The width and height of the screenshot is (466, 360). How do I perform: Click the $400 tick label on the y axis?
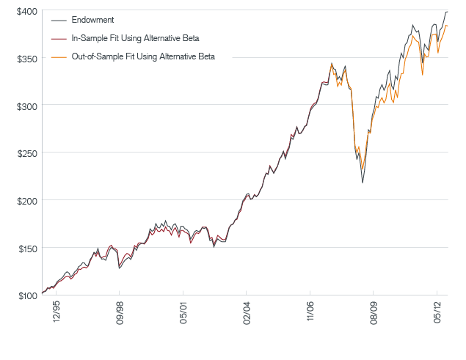(x=28, y=11)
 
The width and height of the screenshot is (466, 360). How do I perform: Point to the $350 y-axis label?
(x=28, y=58)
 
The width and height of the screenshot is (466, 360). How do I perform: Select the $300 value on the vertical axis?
(x=28, y=106)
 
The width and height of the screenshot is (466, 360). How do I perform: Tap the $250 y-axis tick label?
(x=28, y=153)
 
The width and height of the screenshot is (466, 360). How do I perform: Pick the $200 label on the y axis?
(x=28, y=200)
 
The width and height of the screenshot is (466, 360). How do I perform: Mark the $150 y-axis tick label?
(x=28, y=248)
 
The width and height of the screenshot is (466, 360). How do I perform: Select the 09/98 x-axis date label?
(x=120, y=314)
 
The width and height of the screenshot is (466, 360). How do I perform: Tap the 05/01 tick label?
(x=184, y=314)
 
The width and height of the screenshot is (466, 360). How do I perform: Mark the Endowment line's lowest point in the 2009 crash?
(x=363, y=182)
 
